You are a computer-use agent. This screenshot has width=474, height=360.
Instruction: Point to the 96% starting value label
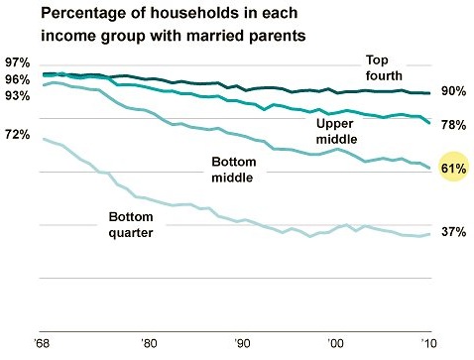[x=18, y=79]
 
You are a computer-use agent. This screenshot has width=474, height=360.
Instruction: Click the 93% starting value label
[x=18, y=95]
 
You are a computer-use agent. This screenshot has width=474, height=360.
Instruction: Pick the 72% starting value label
[x=18, y=134]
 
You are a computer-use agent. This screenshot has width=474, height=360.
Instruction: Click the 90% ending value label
[x=454, y=91]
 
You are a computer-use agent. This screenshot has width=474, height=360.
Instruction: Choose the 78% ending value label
[x=454, y=124]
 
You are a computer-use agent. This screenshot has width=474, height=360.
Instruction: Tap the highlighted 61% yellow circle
[x=453, y=170]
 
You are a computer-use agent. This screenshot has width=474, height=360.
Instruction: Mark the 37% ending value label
[x=454, y=232]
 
